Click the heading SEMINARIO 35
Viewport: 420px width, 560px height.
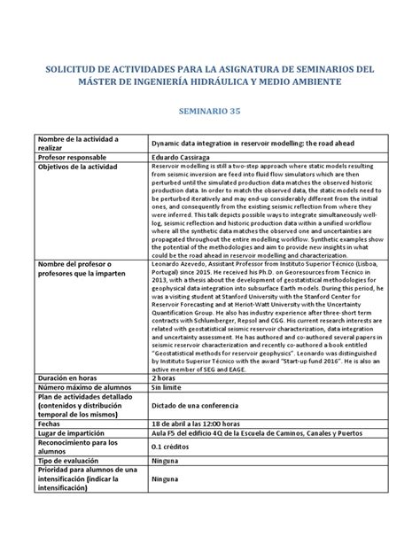[210, 114]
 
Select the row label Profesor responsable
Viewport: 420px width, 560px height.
[72, 156]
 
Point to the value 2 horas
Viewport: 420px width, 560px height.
[165, 377]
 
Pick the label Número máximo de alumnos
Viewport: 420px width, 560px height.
[84, 387]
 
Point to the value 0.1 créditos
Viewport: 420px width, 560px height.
[173, 448]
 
